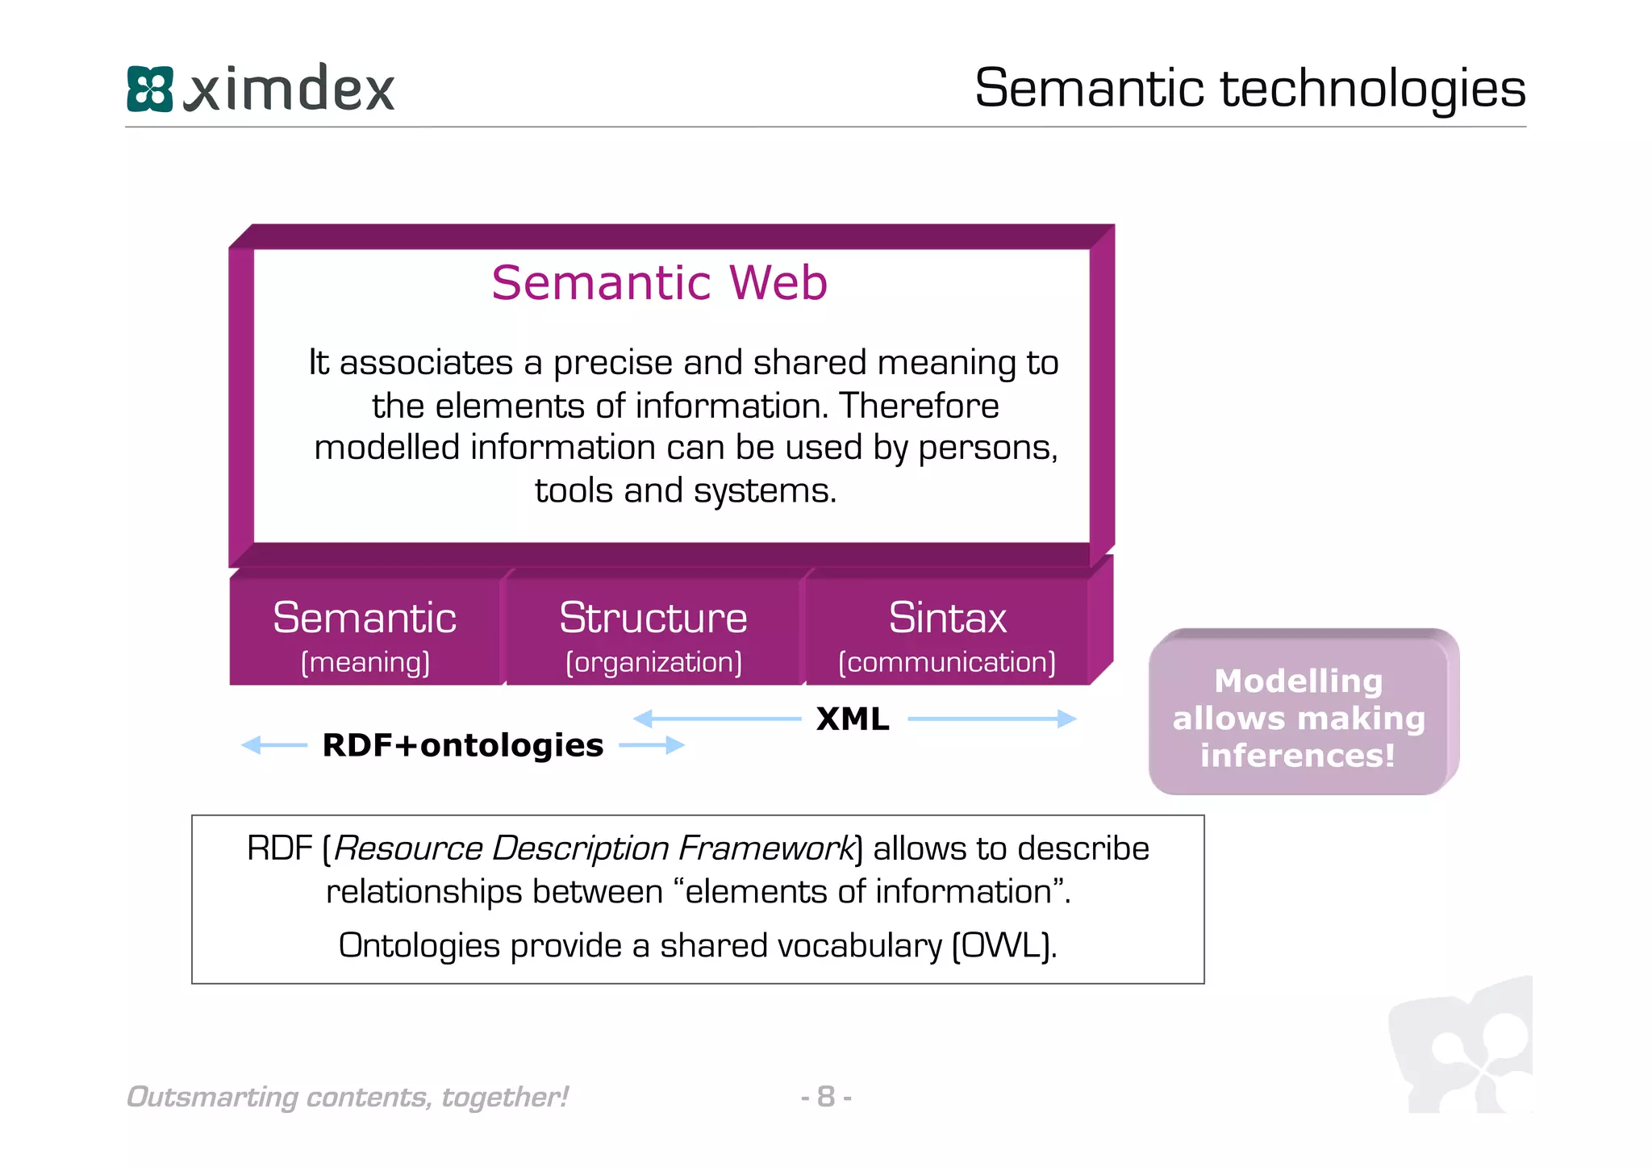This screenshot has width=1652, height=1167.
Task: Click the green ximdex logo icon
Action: [x=150, y=89]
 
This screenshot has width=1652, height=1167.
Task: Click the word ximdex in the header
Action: [x=290, y=89]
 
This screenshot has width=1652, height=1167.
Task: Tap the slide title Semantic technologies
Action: [x=1249, y=88]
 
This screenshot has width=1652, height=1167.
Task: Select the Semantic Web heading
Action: [x=659, y=283]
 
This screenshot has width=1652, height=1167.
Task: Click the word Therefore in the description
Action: [x=919, y=406]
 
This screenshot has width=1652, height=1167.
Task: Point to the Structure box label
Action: [x=653, y=619]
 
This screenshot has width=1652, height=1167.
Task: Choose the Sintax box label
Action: [x=947, y=619]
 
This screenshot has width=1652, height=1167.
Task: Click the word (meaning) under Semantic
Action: [x=365, y=663]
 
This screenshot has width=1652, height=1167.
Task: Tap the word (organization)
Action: [x=653, y=663]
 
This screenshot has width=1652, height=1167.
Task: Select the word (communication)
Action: [x=947, y=663]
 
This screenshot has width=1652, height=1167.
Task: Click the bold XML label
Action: [x=853, y=719]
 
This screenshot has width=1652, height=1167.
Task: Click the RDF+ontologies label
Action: [x=462, y=745]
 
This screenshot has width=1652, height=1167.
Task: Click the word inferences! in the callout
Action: [x=1298, y=756]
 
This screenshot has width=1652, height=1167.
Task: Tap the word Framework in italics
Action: [x=765, y=848]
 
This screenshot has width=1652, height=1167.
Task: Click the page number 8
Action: [x=825, y=1097]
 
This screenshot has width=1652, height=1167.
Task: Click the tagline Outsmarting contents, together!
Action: [x=348, y=1097]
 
